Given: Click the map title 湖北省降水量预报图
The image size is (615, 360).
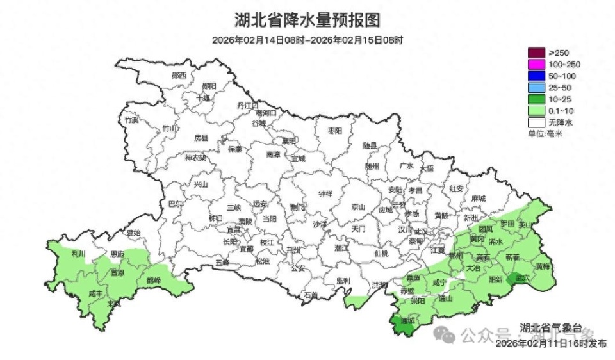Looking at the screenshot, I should tap(307, 20).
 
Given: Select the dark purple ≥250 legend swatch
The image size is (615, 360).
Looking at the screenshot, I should tap(536, 53).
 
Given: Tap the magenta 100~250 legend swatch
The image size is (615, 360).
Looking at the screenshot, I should tap(536, 64).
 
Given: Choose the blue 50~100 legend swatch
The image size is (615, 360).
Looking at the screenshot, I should tap(536, 76).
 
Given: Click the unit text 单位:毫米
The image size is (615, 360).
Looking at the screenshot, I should tap(545, 133).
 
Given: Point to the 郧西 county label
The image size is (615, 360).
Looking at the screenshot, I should tap(179, 75).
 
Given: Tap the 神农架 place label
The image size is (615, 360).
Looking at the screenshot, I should tap(195, 158).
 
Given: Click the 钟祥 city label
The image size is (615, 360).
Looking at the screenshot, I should tap(325, 194).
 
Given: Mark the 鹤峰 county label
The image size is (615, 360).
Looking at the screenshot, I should tap(154, 280).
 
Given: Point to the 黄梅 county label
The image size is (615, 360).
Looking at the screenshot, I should tap(543, 266).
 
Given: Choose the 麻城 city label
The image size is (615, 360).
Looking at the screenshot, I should tap(478, 199).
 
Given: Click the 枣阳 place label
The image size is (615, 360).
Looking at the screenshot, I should tap(334, 130).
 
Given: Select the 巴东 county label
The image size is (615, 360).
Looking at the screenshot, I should tap(176, 204).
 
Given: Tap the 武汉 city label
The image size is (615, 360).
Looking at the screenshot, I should tap(420, 231).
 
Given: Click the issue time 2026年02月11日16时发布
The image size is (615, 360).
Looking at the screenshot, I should tap(551, 343).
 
